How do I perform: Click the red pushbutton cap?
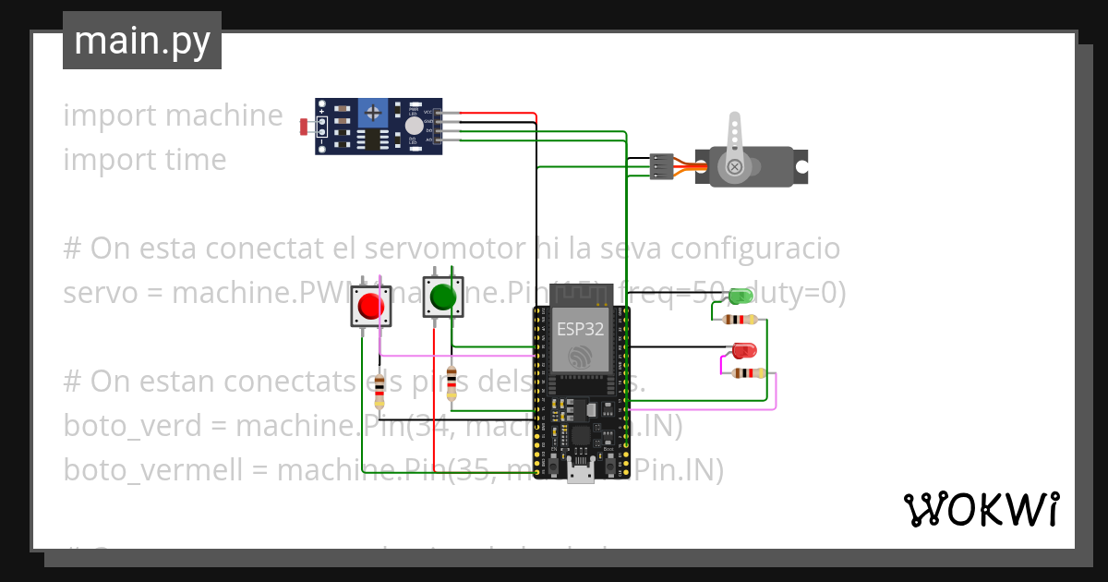click(x=371, y=305)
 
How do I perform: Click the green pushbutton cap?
click(x=442, y=297)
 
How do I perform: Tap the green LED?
click(x=741, y=297)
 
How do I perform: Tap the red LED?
click(x=744, y=350)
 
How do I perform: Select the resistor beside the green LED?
click(x=741, y=320)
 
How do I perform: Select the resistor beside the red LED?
click(x=747, y=373)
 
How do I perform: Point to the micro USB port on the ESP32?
click(x=580, y=474)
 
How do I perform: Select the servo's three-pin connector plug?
click(x=661, y=165)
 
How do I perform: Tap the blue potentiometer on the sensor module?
click(x=373, y=114)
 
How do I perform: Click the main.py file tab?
click(x=142, y=41)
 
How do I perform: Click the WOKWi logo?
click(x=981, y=509)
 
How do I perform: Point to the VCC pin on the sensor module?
click(x=434, y=113)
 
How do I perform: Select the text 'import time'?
click(x=145, y=160)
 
